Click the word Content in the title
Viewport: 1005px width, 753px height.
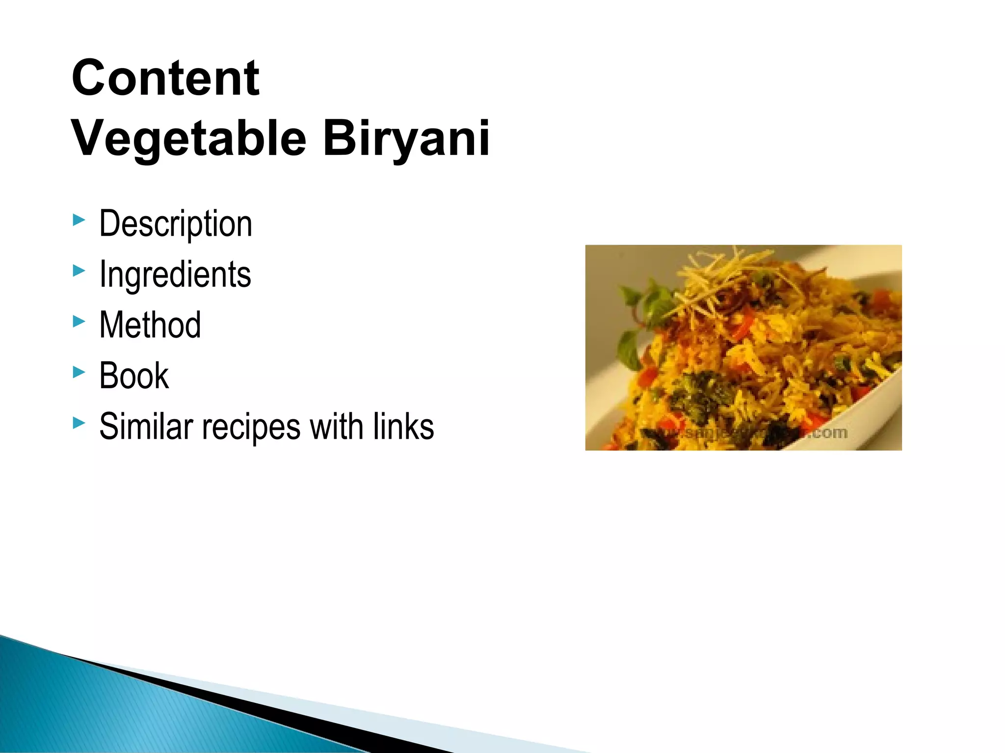click(x=165, y=78)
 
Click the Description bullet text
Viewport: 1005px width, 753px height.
click(x=176, y=224)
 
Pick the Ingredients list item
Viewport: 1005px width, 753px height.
click(x=175, y=274)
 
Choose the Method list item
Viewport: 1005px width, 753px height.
click(x=150, y=325)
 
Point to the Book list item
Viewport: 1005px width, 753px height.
click(x=133, y=376)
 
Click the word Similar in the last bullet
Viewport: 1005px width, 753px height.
click(x=146, y=426)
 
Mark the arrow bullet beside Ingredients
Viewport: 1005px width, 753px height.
click(x=79, y=270)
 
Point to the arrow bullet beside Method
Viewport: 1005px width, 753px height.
click(x=79, y=321)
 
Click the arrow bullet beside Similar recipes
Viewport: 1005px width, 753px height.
click(x=79, y=422)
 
